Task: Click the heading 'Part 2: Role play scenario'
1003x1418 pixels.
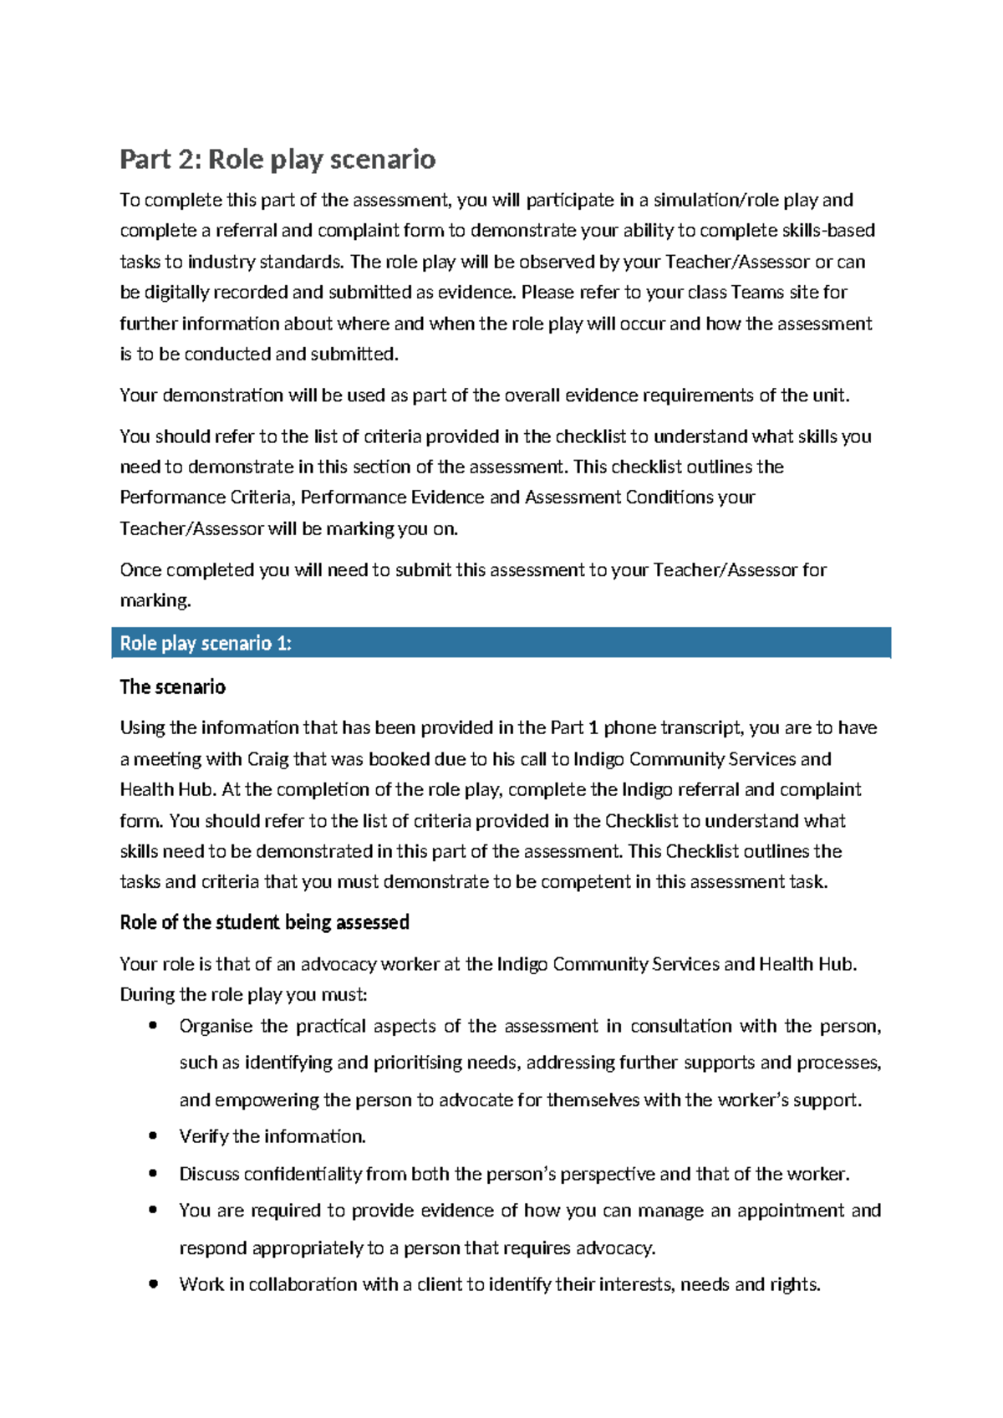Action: coord(277,159)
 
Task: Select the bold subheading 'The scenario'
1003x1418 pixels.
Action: coord(172,687)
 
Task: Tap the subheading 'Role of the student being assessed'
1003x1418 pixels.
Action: coord(264,922)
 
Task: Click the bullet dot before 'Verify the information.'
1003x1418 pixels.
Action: coord(152,1135)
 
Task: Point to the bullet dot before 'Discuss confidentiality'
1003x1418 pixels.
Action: coord(152,1173)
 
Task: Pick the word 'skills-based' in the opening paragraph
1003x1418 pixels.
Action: coord(828,231)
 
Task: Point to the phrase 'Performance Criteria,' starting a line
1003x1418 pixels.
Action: coord(207,497)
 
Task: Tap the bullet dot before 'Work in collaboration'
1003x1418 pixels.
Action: coord(152,1284)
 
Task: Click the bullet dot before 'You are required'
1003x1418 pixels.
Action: coord(152,1210)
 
